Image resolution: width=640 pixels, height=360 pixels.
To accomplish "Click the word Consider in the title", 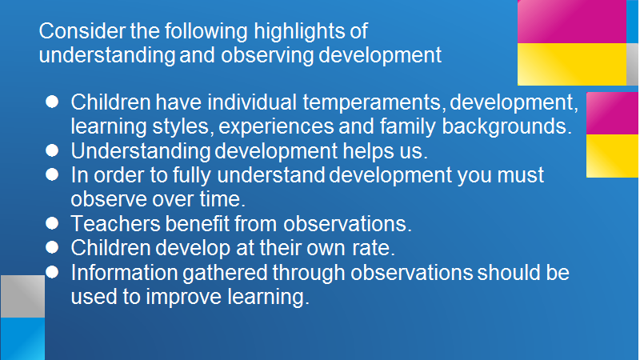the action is [x=82, y=31].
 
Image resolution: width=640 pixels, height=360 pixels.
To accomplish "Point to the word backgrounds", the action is [x=506, y=127].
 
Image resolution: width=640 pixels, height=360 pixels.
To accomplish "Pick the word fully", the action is [x=191, y=175].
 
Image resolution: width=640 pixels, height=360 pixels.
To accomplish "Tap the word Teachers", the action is [x=115, y=224].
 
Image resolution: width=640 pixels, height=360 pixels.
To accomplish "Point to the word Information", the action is [x=124, y=272].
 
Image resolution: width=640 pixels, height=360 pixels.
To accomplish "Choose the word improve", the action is [x=184, y=298].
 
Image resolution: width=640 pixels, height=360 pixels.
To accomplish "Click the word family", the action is [x=408, y=127].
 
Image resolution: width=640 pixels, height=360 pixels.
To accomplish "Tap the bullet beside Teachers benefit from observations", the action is [x=52, y=223].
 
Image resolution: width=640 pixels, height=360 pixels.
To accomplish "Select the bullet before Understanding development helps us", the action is [x=52, y=150].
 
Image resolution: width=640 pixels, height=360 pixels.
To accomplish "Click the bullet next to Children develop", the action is [x=52, y=247].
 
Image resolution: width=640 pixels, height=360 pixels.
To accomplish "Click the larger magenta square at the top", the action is [x=572, y=22].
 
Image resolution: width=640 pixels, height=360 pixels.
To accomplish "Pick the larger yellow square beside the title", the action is [x=572, y=64].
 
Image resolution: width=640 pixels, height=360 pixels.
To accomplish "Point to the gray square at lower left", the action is [x=23, y=296].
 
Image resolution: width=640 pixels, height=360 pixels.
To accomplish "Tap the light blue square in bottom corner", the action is [x=23, y=338].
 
